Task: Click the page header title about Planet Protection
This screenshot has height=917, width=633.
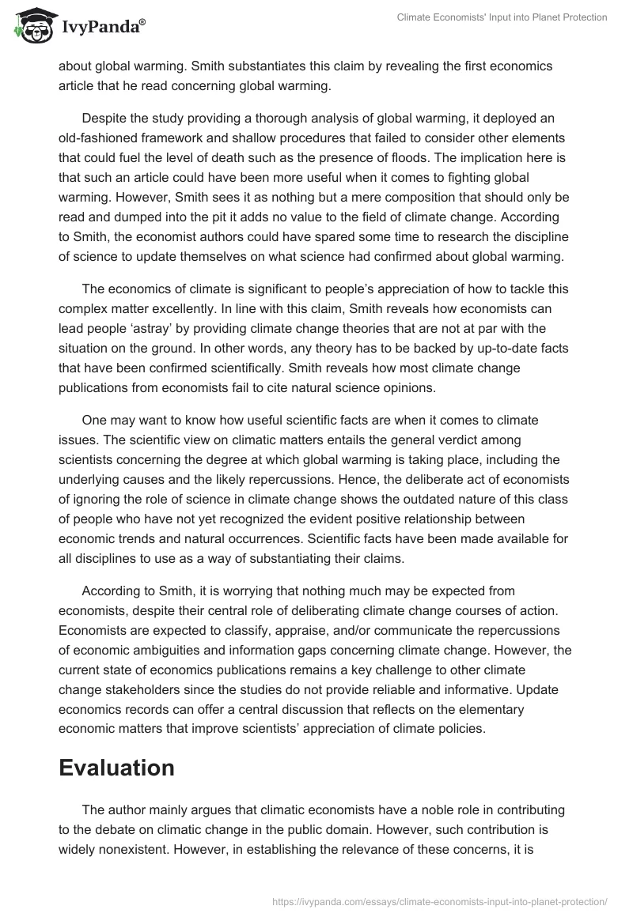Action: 502,17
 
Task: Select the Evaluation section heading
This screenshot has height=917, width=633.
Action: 116,768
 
